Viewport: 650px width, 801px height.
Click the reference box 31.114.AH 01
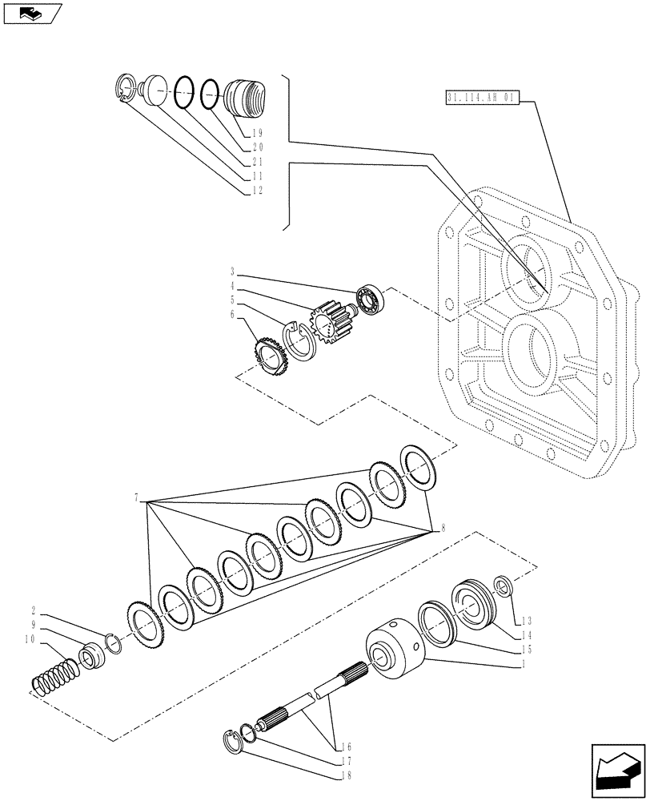pyautogui.click(x=480, y=99)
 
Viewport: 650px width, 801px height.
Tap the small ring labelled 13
pyautogui.click(x=503, y=586)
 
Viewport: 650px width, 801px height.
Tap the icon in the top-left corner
pyautogui.click(x=32, y=13)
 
